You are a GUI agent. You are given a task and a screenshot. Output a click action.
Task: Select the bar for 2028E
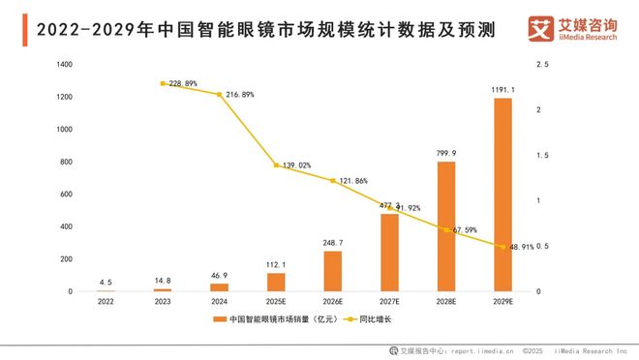(x=446, y=226)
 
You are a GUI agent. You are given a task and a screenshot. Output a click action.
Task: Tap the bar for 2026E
(x=333, y=271)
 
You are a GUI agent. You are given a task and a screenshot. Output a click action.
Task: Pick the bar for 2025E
(x=277, y=282)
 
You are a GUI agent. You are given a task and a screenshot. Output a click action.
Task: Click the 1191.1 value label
(x=502, y=90)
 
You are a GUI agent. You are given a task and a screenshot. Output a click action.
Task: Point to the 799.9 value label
(x=446, y=153)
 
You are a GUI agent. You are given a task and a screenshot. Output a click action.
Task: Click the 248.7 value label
(x=333, y=242)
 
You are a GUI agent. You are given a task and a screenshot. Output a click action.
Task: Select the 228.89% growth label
(x=183, y=84)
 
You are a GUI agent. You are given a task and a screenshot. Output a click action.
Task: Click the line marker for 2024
(x=221, y=95)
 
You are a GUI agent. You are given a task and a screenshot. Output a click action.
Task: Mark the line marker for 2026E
(x=333, y=181)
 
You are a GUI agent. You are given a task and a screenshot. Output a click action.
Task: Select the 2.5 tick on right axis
(x=541, y=65)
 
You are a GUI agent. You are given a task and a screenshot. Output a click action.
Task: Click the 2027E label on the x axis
(x=389, y=302)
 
